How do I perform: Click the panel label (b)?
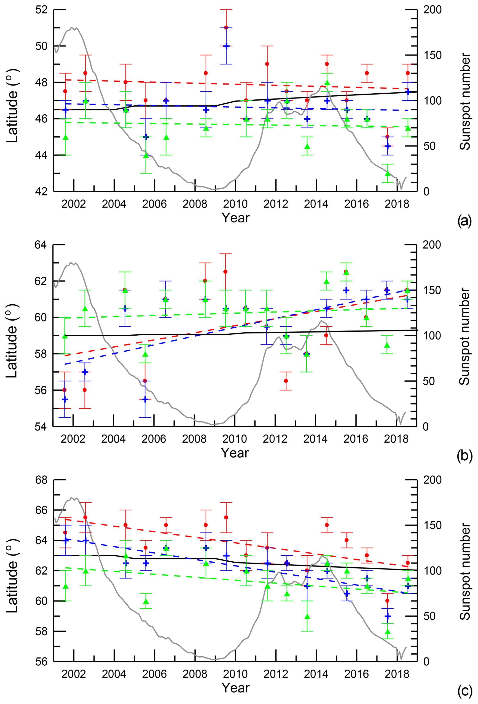coord(464,456)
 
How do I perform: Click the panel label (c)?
coord(464,691)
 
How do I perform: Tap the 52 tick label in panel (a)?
coord(41,10)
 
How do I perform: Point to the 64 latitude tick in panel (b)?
coord(41,245)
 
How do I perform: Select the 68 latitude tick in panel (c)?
coord(41,480)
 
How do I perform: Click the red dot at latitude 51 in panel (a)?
coord(226,28)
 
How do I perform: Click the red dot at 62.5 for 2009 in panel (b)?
coord(225,272)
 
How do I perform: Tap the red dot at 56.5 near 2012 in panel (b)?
coord(286,381)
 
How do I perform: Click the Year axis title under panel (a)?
coord(235,218)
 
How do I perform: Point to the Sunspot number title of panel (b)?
coord(464,336)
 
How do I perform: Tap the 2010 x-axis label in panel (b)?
coord(234,439)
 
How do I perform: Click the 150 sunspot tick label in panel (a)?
coord(432,55)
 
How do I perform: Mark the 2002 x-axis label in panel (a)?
coord(74,204)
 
